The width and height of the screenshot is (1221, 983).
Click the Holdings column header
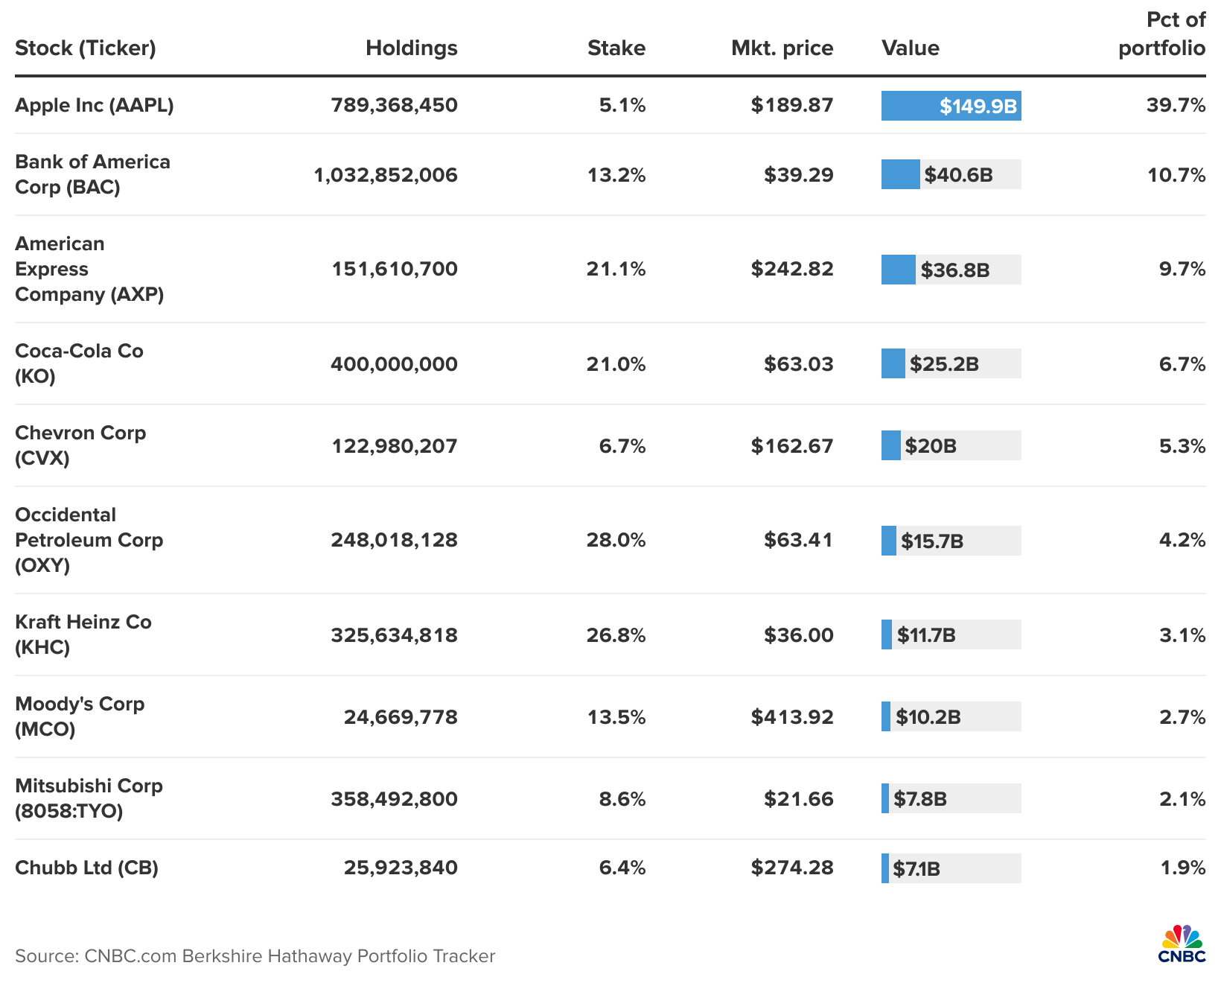click(x=411, y=48)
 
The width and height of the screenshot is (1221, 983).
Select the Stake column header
click(x=616, y=48)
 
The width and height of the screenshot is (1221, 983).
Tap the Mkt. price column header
click(x=782, y=48)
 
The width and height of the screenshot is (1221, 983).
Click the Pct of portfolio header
click(x=1162, y=34)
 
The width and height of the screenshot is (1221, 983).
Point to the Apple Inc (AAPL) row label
click(x=95, y=105)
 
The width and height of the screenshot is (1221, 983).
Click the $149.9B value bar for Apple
click(x=951, y=106)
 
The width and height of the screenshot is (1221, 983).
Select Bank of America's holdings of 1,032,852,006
click(x=386, y=175)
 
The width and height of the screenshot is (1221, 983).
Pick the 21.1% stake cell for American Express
click(x=616, y=269)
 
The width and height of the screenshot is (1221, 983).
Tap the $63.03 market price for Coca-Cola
click(x=798, y=364)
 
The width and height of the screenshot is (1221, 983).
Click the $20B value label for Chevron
click(x=931, y=446)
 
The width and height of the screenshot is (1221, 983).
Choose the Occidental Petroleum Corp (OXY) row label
click(x=89, y=540)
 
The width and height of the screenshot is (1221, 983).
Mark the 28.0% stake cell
click(x=616, y=540)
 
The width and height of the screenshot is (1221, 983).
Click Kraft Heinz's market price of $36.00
click(x=798, y=635)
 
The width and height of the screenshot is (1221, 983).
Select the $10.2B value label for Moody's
click(x=928, y=717)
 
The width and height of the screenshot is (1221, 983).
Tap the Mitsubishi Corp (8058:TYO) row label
click(x=89, y=798)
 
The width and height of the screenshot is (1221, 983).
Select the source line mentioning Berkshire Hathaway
click(x=255, y=956)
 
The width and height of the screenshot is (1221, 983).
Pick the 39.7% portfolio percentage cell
click(x=1176, y=105)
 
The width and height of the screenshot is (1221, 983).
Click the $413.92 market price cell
click(x=792, y=717)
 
